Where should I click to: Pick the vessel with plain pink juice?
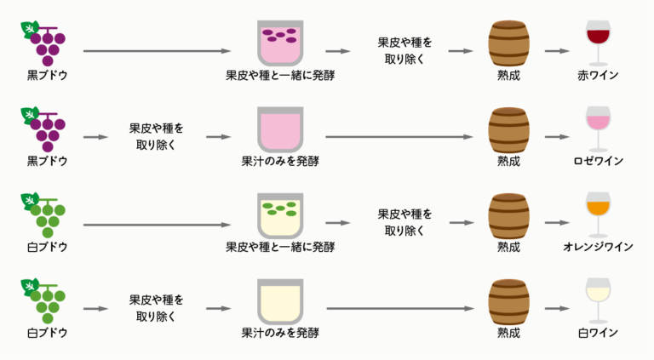pos(279,128)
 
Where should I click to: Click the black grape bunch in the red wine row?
pos(45,43)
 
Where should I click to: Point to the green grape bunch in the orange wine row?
pos(45,214)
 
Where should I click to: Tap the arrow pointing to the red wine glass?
pos(557,50)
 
